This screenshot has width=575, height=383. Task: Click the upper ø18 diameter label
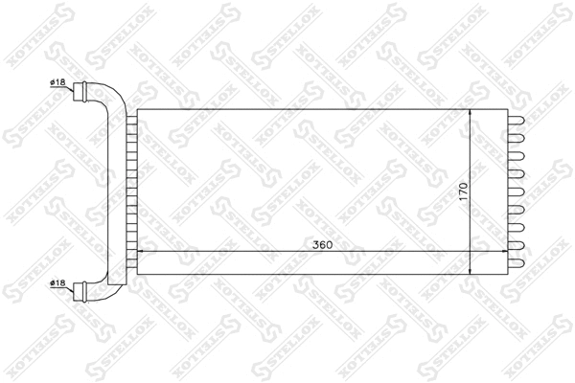pyautogui.click(x=57, y=83)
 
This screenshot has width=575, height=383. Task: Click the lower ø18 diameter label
pyautogui.click(x=57, y=284)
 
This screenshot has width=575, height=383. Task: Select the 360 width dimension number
pyautogui.click(x=322, y=245)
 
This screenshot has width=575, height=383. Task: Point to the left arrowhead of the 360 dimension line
pyautogui.click(x=144, y=253)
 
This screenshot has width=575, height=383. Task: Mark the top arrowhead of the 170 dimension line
pyautogui.click(x=471, y=114)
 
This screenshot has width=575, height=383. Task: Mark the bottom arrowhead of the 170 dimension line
pyautogui.click(x=471, y=271)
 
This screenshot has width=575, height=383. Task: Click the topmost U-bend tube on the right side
pyautogui.click(x=517, y=120)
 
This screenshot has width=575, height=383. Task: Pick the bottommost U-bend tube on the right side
pyautogui.click(x=517, y=261)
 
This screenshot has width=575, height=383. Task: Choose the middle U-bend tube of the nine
pyautogui.click(x=517, y=191)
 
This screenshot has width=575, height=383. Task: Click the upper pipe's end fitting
pyautogui.click(x=81, y=94)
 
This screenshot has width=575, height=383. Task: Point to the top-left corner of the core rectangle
pyautogui.click(x=138, y=109)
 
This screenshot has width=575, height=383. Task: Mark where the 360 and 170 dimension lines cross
pyautogui.click(x=471, y=253)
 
